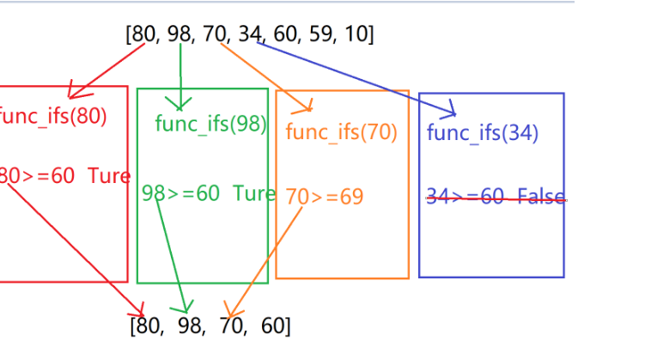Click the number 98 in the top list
pos(180,34)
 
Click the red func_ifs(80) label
pos(52,117)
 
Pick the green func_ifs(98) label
pos(211,124)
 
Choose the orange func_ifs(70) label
pos(341,132)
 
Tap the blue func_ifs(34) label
pos(482,132)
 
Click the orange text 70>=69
pos(324,197)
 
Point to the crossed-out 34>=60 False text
pos(496,198)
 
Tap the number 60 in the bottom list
pos(273,326)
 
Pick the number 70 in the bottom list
pos(232,326)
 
